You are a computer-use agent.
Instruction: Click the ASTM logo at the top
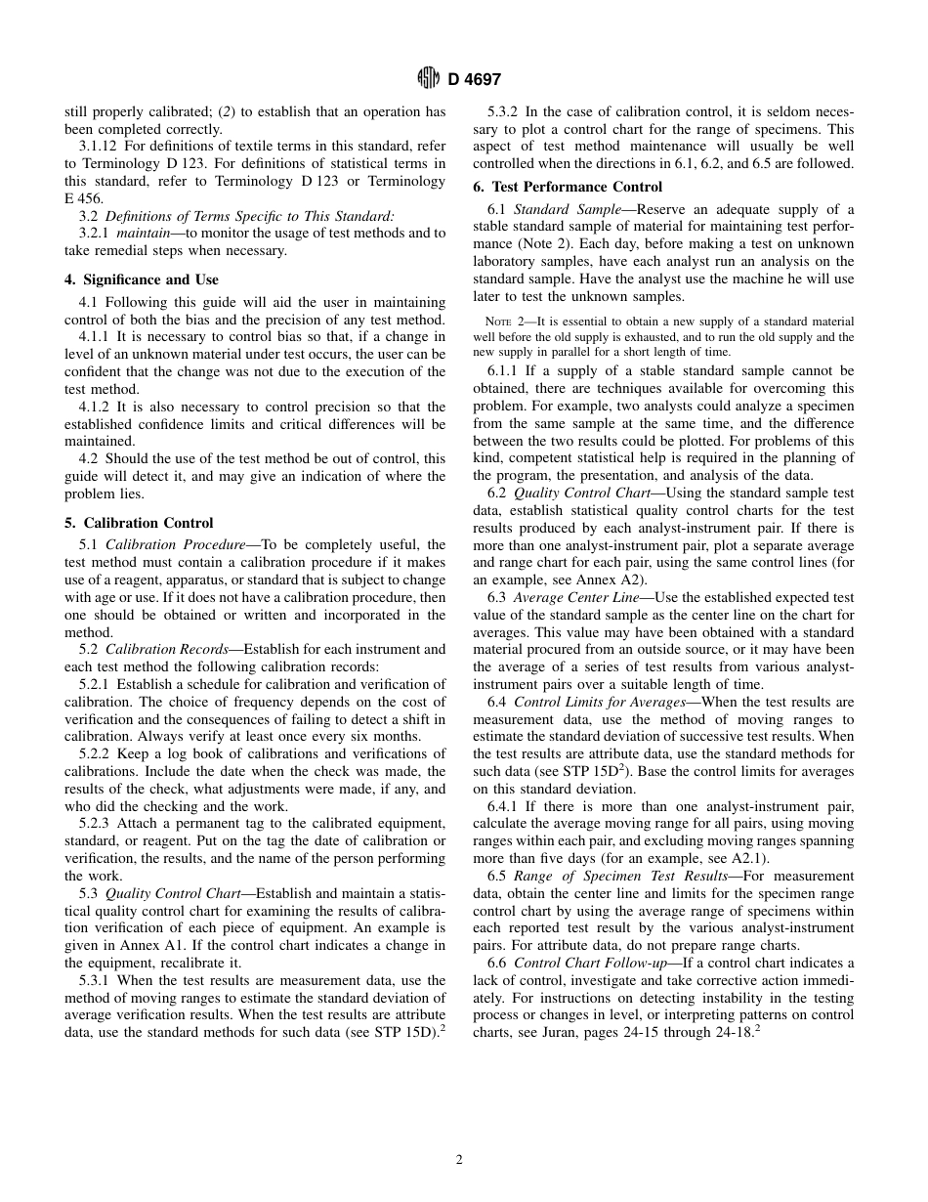tap(428, 78)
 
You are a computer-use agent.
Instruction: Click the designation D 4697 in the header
tap(475, 79)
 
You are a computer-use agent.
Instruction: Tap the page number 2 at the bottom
tap(459, 1160)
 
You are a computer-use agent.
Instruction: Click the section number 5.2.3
tap(95, 824)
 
